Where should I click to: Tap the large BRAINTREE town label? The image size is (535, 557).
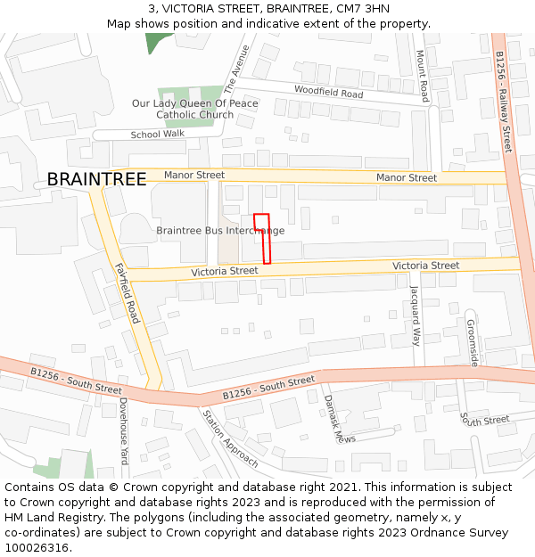[96, 179]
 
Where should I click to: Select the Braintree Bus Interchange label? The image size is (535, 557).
[220, 231]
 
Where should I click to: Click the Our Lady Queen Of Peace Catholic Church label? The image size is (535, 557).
[195, 109]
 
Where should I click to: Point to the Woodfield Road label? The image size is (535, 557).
[328, 92]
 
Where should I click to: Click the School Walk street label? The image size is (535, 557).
[157, 135]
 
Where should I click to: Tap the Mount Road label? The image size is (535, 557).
[424, 75]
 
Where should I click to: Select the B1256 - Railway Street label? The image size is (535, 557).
[504, 101]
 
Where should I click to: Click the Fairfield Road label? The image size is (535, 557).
[128, 292]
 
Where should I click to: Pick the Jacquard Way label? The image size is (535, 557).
[415, 315]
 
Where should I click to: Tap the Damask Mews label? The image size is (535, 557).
[327, 418]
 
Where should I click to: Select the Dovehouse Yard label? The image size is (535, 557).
[124, 431]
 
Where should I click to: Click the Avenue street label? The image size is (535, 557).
[236, 70]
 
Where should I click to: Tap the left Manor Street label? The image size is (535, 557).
[194, 176]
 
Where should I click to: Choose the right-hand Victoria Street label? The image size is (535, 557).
[426, 266]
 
